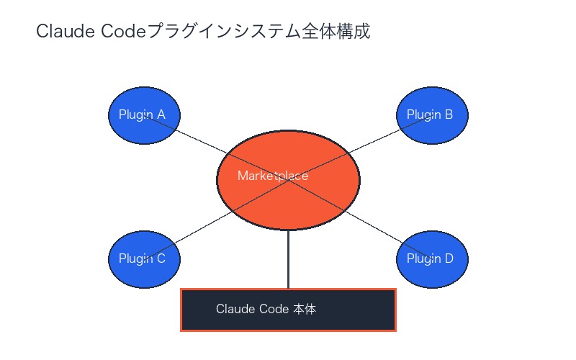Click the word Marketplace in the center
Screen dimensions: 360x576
(273, 176)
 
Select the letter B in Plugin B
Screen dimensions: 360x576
(449, 114)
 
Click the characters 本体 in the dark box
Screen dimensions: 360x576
(305, 310)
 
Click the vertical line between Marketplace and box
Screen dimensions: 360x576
(288, 259)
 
